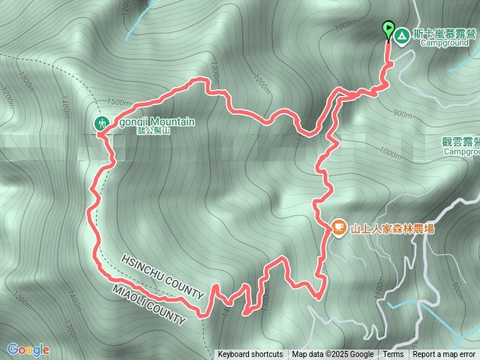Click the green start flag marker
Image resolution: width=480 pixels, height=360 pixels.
click(x=388, y=30)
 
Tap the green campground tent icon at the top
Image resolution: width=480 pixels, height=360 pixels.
click(x=402, y=35)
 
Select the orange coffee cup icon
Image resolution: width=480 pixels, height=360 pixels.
click(x=338, y=226)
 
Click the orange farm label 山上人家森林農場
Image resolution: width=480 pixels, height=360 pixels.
click(x=392, y=229)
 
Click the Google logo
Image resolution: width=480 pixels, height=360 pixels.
click(x=28, y=349)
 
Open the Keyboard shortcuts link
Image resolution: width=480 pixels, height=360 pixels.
click(x=250, y=355)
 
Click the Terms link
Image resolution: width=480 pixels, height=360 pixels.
click(x=393, y=355)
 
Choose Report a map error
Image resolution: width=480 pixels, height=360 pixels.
click(x=445, y=355)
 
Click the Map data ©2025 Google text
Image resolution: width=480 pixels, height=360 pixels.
click(x=333, y=355)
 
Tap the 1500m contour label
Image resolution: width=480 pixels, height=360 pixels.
click(x=119, y=102)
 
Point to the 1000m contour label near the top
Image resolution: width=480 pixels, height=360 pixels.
click(x=346, y=25)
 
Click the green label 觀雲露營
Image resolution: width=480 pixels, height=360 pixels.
click(x=458, y=141)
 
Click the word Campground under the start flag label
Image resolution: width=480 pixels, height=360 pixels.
click(x=448, y=43)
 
